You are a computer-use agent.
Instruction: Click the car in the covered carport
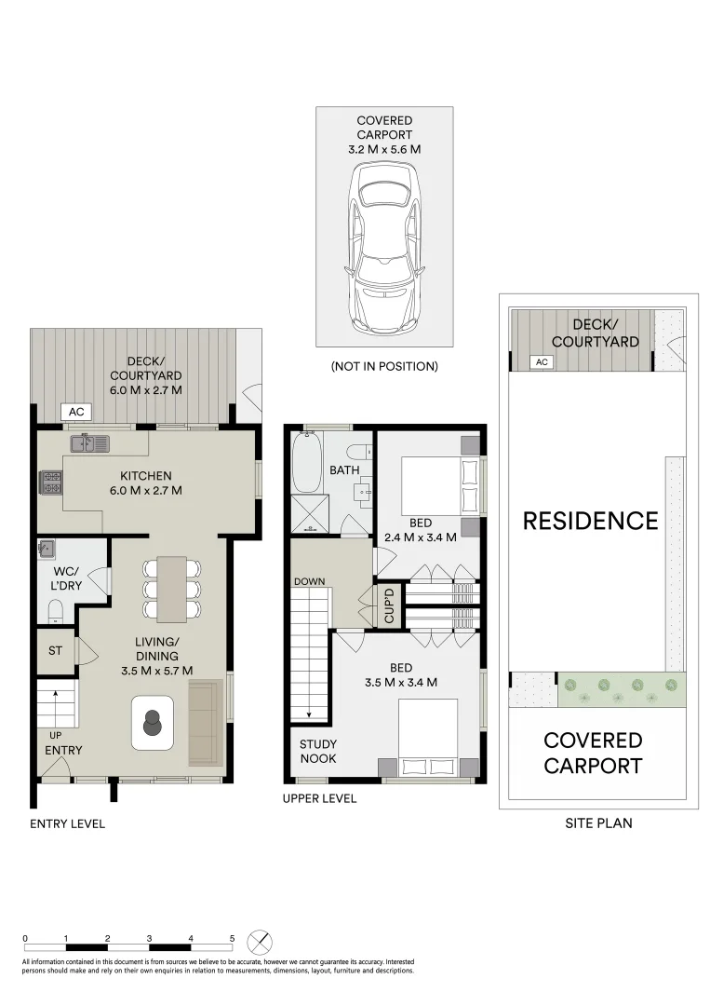click(384, 250)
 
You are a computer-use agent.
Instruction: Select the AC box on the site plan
click(540, 361)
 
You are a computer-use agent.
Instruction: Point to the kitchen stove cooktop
click(50, 483)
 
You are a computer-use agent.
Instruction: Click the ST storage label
click(55, 650)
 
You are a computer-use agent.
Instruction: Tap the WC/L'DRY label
click(63, 581)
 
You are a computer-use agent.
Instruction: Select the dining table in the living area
click(171, 589)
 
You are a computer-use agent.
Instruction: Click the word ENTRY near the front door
click(62, 750)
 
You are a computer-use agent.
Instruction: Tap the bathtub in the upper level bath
click(305, 465)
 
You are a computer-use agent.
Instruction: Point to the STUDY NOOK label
click(318, 752)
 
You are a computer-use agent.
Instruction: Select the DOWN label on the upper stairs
click(309, 581)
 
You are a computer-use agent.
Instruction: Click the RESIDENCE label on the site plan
click(590, 521)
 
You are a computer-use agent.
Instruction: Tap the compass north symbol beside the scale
click(261, 941)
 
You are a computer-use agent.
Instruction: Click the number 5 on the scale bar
click(232, 938)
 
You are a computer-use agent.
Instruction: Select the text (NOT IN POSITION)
click(384, 366)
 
